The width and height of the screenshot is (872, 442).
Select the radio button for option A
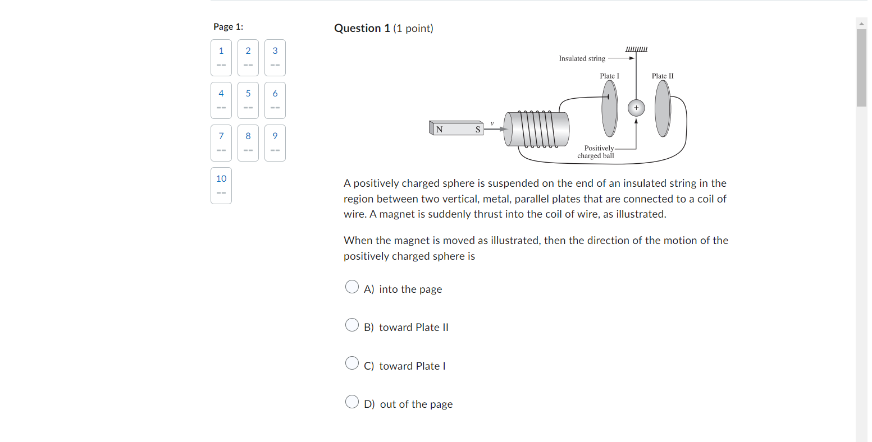coord(352,287)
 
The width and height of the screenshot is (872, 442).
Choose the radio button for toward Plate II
coord(352,325)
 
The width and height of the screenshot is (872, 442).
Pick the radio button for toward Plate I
coord(352,363)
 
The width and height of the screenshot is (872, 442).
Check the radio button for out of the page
coord(352,402)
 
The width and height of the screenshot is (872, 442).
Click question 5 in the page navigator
coord(248,100)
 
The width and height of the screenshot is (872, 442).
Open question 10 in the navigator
coord(221,185)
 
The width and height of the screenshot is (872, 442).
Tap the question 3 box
coord(275,57)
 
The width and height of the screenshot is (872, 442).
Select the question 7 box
coord(221,142)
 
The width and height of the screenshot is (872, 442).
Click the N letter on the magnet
coord(440,130)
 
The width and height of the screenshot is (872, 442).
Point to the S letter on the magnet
coord(478,130)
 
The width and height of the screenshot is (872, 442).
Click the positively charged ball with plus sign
coord(636,108)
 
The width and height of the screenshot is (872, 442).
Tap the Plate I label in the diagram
coord(609,76)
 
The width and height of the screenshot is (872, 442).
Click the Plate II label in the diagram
coord(663,76)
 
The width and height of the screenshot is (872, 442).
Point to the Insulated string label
coord(582,58)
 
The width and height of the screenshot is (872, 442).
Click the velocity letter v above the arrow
coord(492,123)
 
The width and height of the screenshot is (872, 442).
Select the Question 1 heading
coord(362,28)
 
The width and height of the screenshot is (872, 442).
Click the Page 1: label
coord(228,26)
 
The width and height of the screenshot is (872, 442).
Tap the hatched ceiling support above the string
coord(636,49)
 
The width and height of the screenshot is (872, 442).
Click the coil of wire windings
coord(538,129)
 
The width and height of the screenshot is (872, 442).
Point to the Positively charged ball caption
coord(596,152)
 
